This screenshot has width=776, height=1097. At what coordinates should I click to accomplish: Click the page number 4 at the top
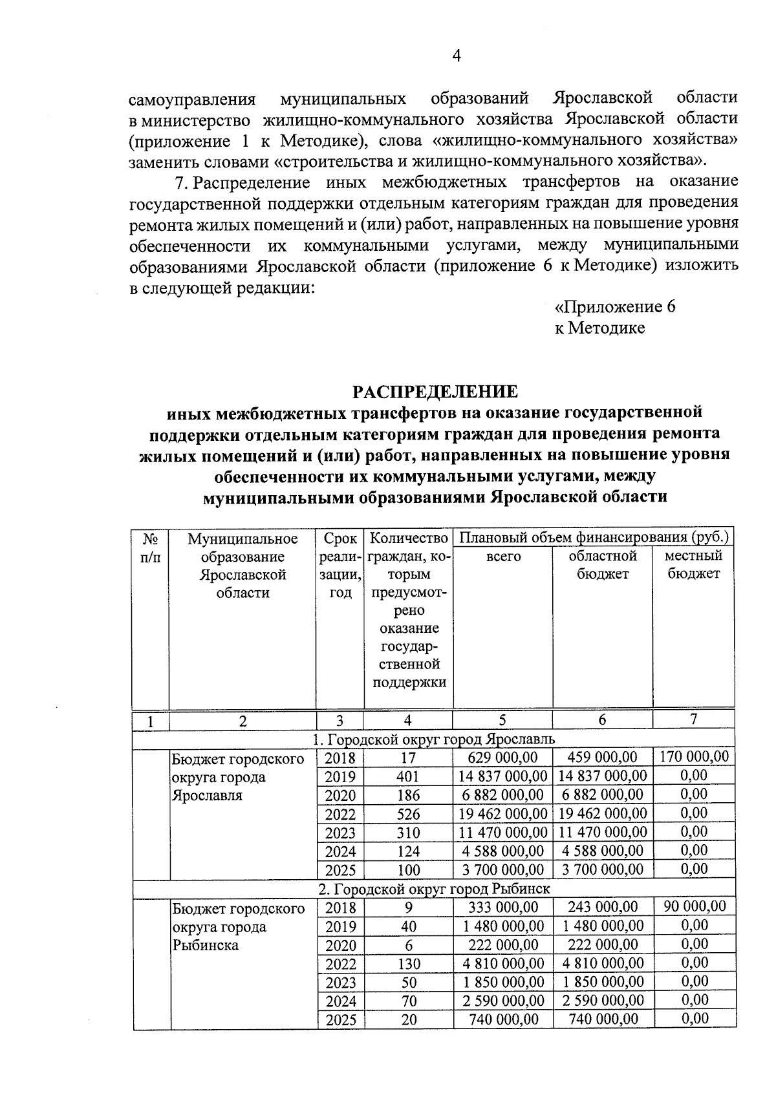click(x=455, y=57)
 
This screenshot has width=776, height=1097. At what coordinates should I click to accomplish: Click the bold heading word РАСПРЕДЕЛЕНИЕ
click(x=435, y=392)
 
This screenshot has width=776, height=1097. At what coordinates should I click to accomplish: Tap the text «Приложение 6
click(x=615, y=306)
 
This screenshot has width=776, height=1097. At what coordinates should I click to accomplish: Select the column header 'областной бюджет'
click(x=603, y=564)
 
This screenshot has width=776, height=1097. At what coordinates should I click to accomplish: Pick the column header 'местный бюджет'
click(x=693, y=564)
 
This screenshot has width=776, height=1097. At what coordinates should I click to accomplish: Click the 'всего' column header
click(x=503, y=556)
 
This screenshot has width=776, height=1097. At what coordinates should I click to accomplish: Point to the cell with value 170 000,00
click(x=694, y=756)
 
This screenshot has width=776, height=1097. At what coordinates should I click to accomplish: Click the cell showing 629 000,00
click(x=503, y=758)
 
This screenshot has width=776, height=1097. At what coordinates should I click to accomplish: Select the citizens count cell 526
click(x=409, y=814)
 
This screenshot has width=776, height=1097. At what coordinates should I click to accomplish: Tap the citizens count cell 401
click(x=409, y=776)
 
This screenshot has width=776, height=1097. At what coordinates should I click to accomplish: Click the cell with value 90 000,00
click(x=695, y=906)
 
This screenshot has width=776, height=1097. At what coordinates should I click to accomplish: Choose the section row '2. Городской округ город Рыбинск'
click(x=435, y=889)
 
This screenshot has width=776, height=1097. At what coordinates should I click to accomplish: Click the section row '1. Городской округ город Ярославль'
click(x=435, y=739)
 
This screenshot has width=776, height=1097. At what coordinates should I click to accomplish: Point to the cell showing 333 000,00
click(x=503, y=908)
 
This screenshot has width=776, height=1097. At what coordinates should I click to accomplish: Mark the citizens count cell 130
click(x=409, y=964)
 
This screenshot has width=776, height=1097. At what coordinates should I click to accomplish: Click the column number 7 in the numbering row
click(x=693, y=719)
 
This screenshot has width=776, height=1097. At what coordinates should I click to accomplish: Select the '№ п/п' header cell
click(x=150, y=547)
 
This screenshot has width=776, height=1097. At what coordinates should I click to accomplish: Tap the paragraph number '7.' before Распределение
click(x=182, y=182)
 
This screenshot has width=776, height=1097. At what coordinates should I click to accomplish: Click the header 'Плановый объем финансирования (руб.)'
click(x=594, y=537)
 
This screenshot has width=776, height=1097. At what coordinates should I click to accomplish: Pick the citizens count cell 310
click(x=409, y=833)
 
